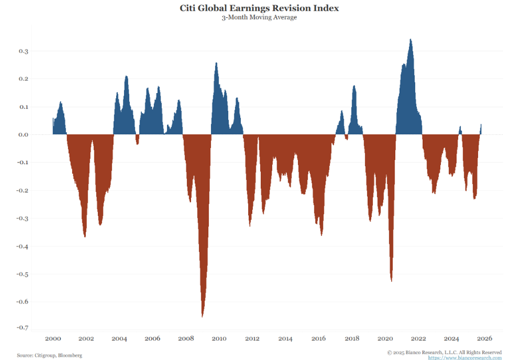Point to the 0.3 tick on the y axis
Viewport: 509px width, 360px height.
[x=23, y=51]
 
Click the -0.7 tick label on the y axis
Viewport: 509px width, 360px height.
[x=23, y=327]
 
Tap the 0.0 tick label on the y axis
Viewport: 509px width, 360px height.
[x=23, y=135]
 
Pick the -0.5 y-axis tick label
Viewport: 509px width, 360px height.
[x=23, y=274]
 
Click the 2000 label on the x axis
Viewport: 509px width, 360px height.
[x=53, y=338]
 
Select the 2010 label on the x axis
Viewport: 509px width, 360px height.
[x=218, y=338]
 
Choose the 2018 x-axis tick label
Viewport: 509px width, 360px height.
[x=351, y=338]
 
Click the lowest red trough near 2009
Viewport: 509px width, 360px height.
[x=202, y=315]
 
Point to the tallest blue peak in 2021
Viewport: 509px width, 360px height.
[x=411, y=40]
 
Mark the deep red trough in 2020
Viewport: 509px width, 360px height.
[x=392, y=280]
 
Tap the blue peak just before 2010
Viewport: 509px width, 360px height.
[x=216, y=63]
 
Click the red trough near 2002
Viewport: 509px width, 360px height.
[x=85, y=235]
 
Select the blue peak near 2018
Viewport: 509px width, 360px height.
[x=354, y=86]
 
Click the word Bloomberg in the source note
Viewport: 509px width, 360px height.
[x=70, y=355]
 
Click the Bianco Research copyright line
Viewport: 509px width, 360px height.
[x=444, y=352]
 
